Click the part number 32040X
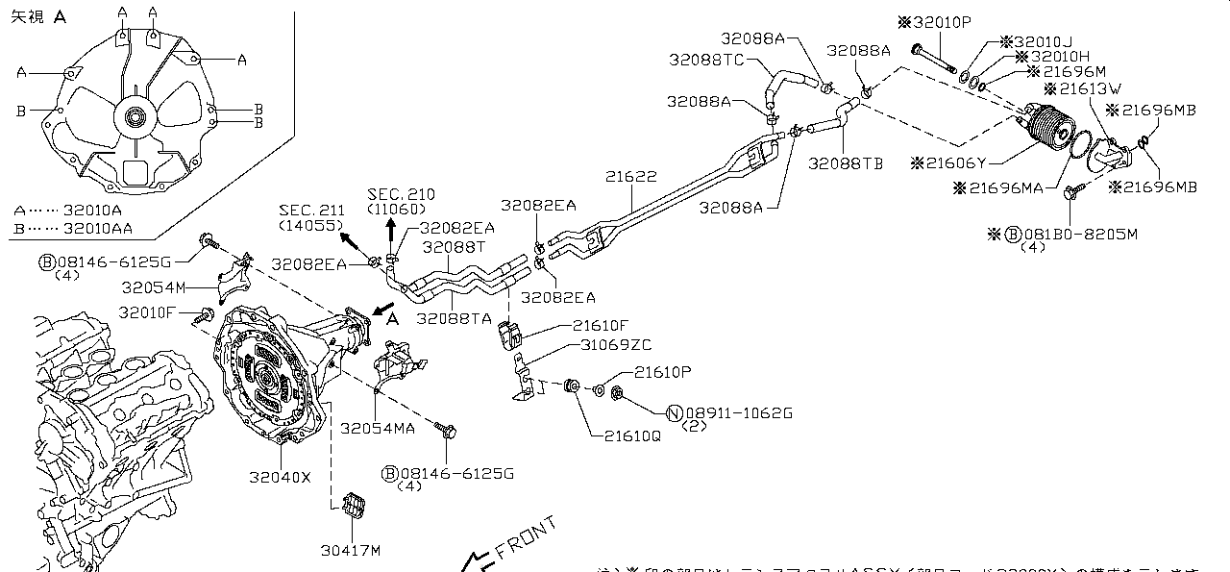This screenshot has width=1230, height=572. [281, 476]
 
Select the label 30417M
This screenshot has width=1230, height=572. [351, 551]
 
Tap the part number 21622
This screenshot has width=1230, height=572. [631, 178]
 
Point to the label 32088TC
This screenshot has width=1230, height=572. [707, 60]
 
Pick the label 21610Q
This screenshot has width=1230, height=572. [632, 435]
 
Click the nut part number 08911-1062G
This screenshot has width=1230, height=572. [738, 413]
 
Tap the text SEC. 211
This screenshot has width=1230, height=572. [311, 211]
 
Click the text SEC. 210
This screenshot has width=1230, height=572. [394, 193]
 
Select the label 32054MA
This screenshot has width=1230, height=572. [378, 428]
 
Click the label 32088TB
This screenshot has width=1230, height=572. [846, 163]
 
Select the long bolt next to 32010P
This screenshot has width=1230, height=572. [932, 57]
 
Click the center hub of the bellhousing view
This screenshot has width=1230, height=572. [134, 118]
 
